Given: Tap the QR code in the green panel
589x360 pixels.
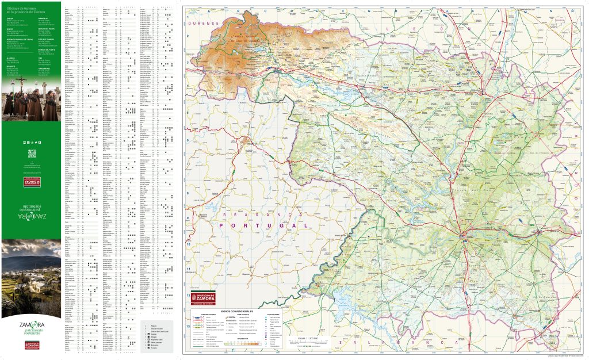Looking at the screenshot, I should click(32, 154).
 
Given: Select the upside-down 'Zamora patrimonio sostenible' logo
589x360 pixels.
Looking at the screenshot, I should click(31, 208).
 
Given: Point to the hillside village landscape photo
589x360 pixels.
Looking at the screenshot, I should click(31, 277).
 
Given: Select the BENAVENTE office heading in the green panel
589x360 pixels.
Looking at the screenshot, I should click(13, 65).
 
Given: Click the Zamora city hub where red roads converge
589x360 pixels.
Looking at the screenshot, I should click(464, 234).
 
